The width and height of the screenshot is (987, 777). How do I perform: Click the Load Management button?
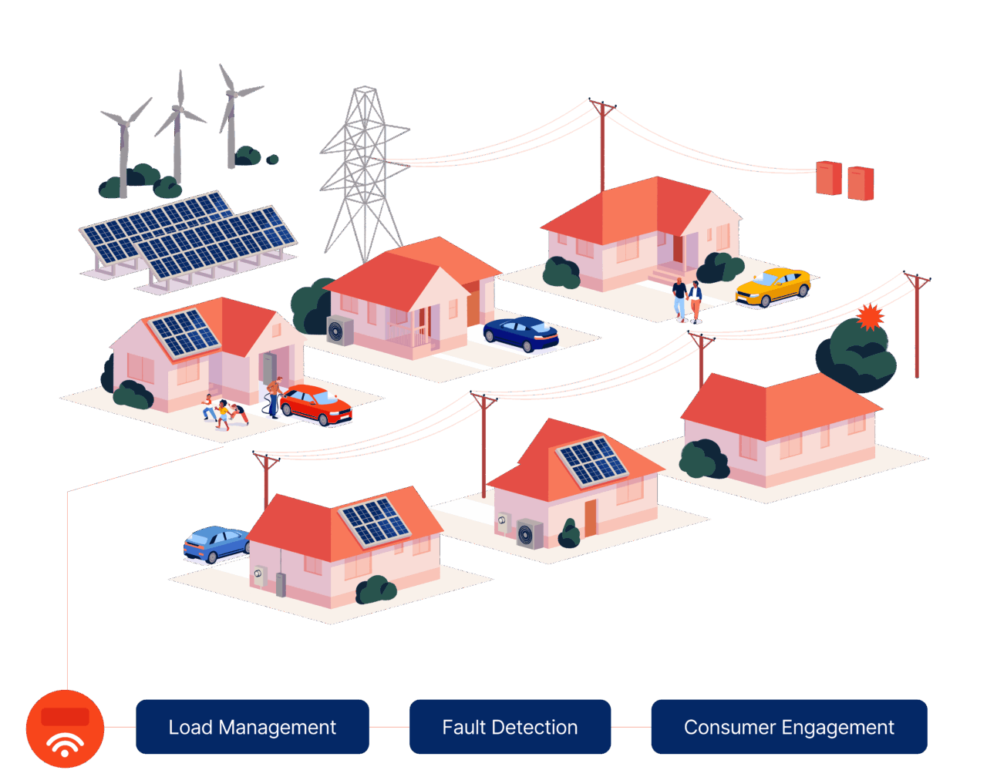252,727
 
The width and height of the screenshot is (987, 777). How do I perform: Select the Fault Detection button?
510,727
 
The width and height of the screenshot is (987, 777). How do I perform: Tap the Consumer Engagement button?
789,727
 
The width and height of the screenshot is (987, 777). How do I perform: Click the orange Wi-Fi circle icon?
65,728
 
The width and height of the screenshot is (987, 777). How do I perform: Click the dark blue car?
521,333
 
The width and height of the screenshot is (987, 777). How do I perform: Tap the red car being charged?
316,404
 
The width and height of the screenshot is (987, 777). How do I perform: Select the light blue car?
217,544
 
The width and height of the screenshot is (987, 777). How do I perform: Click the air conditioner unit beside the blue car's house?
340,330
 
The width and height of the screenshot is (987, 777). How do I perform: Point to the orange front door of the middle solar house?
590,517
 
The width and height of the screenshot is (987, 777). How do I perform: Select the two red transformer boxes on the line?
845,180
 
